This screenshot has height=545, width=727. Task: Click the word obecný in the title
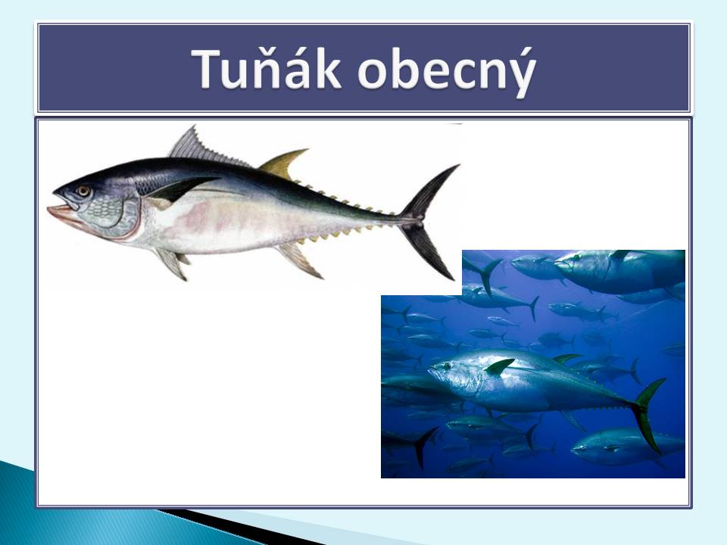pyautogui.click(x=447, y=73)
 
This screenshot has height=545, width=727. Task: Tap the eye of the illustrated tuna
pyautogui.click(x=83, y=191)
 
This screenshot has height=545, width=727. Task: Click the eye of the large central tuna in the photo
pyautogui.click(x=447, y=365)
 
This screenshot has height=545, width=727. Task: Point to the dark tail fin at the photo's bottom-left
pyautogui.click(x=423, y=446)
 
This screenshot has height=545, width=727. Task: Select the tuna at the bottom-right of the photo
pyautogui.click(x=627, y=446)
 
